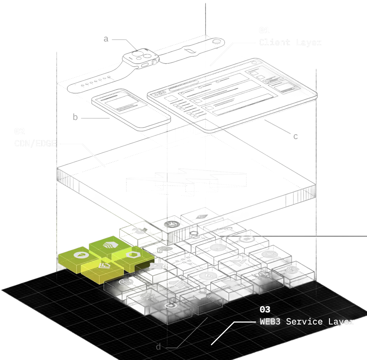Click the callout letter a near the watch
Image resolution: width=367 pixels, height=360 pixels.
106,39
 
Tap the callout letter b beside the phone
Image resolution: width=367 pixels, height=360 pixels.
75,117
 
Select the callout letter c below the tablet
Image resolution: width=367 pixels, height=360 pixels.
295,136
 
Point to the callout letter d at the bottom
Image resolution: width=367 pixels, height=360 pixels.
158,347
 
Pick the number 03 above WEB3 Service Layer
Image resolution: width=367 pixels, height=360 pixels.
265,309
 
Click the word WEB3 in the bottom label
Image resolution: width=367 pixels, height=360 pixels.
270,321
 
